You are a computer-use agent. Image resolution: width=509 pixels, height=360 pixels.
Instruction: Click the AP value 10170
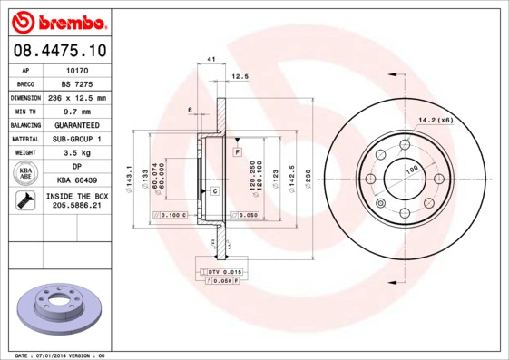click(79, 69)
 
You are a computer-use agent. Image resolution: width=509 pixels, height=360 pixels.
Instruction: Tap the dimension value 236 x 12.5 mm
click(79, 97)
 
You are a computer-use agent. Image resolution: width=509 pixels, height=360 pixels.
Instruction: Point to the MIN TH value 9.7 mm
click(79, 111)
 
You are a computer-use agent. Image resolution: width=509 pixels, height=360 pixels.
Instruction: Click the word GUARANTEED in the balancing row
click(79, 124)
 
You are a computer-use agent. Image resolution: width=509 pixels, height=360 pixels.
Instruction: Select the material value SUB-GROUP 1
click(79, 139)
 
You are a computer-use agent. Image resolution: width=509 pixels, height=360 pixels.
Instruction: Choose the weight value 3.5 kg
click(79, 152)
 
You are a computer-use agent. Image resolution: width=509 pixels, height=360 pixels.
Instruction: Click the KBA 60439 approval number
click(79, 180)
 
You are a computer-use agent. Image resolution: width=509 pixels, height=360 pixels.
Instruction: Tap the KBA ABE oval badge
click(26, 173)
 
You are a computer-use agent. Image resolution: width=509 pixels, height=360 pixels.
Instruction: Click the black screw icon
click(25, 201)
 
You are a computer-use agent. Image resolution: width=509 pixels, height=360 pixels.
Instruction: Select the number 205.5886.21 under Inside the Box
click(79, 206)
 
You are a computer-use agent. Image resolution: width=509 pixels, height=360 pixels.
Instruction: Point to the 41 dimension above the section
click(210, 59)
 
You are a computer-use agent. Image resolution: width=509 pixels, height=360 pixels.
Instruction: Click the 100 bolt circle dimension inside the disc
click(411, 170)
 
